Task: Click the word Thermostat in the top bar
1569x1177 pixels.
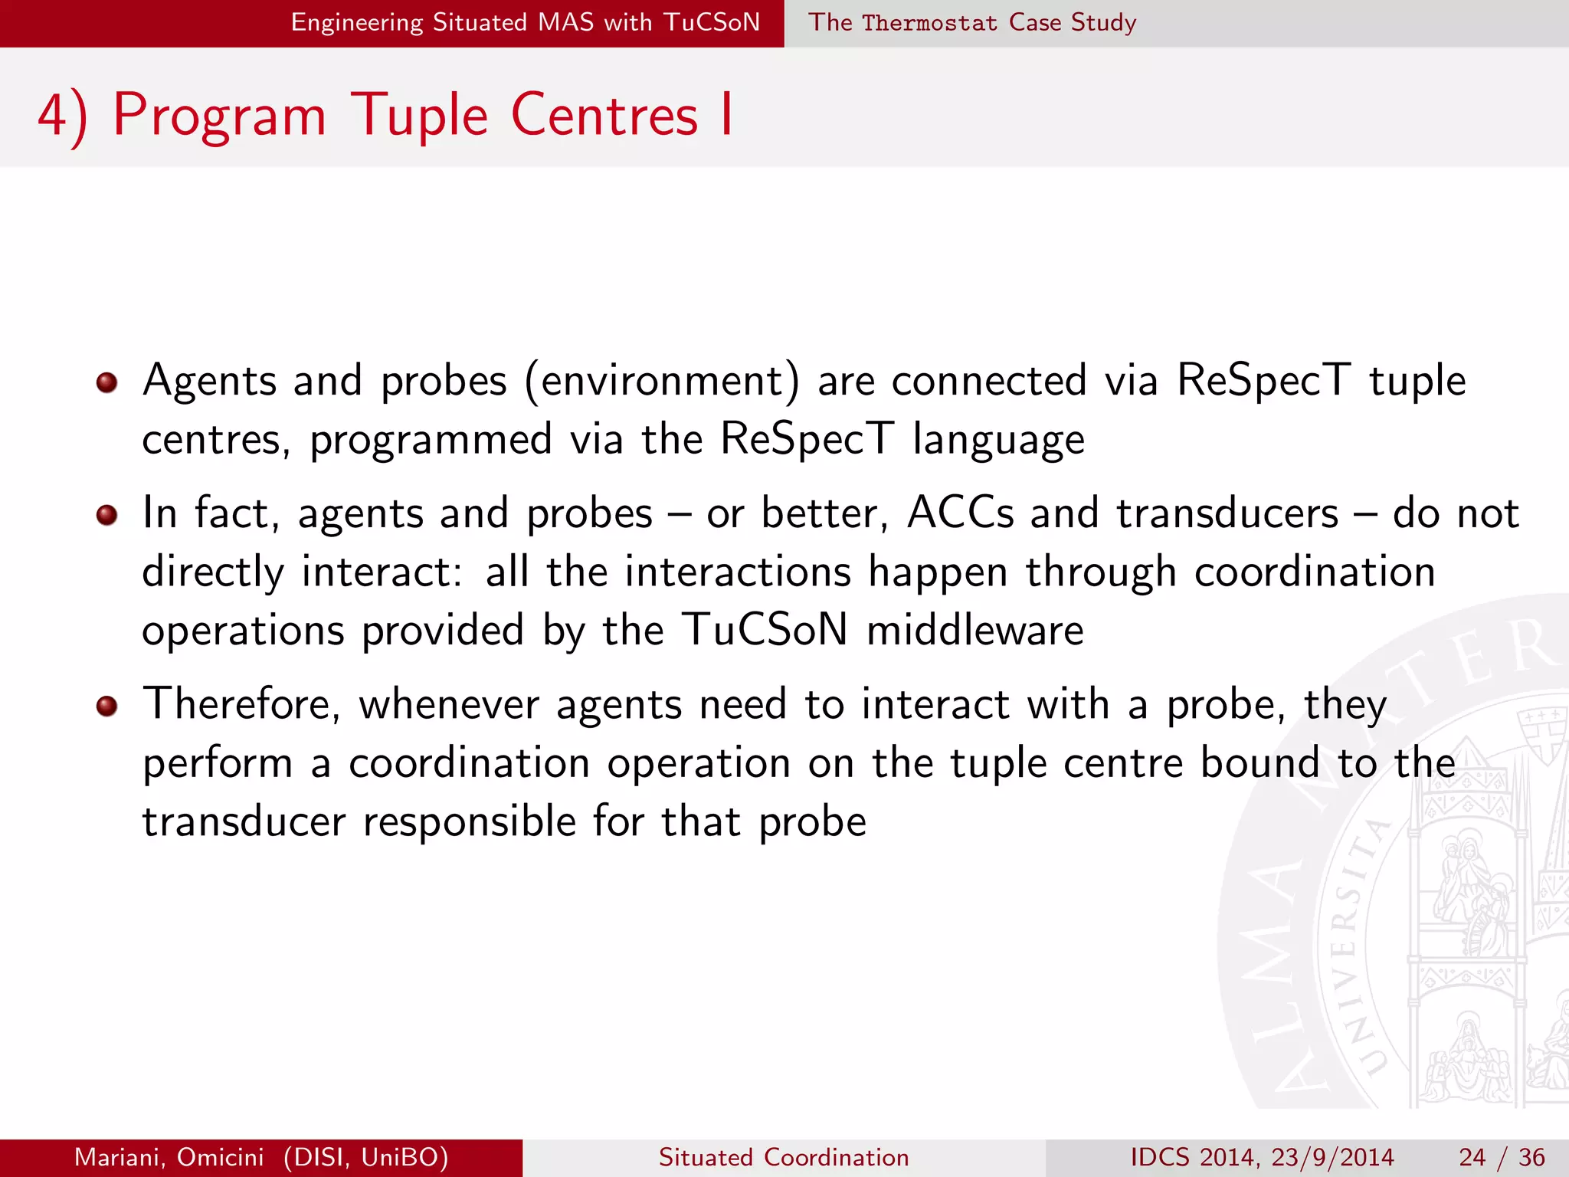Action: [929, 23]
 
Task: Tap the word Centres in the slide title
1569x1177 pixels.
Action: [604, 116]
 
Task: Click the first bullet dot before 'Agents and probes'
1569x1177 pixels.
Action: [106, 382]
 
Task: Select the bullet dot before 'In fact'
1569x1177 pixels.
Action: [106, 515]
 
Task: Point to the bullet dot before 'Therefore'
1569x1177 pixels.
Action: [106, 706]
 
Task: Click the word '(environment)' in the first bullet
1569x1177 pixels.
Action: [662, 382]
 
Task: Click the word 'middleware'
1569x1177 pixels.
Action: [974, 631]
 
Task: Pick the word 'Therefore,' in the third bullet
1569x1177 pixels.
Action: [241, 704]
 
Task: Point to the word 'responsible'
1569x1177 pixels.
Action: [469, 822]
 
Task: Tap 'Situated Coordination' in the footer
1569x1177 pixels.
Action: [784, 1157]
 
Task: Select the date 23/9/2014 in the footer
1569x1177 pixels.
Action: [1332, 1157]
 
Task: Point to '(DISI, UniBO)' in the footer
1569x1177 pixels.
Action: [365, 1157]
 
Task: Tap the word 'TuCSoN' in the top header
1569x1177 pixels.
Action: [712, 22]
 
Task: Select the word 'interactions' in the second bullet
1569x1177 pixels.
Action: [738, 572]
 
